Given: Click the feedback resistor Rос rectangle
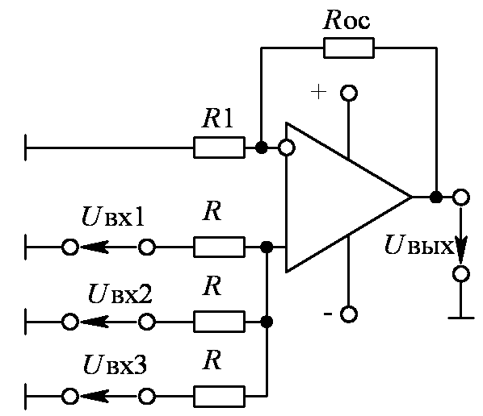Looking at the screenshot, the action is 349,48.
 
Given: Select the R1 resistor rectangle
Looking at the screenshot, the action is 220,148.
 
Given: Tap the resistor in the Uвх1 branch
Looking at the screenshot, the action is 220,247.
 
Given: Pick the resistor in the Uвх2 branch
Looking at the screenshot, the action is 220,322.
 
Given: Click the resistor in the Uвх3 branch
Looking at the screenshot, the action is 220,397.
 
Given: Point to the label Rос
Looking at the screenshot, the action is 346,21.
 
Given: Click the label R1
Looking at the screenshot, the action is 217,119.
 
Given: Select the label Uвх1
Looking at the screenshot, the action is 113,217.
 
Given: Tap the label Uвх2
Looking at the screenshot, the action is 120,293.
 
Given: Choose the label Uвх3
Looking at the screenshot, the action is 115,364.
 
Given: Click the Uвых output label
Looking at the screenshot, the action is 419,245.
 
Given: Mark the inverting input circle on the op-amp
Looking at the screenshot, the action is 287,148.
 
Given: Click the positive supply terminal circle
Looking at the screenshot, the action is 349,93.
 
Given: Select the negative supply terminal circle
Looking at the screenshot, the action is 349,314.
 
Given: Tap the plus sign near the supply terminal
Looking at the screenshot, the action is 318,92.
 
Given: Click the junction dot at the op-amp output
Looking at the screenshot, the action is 436,197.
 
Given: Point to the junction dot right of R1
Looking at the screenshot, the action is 261,148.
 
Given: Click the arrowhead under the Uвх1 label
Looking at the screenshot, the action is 94,247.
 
